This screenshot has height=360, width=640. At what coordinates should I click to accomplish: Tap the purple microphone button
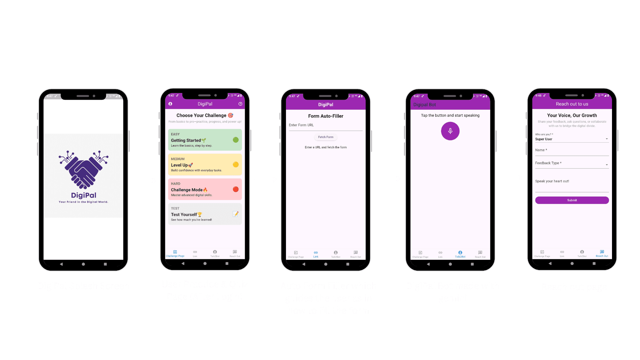450,131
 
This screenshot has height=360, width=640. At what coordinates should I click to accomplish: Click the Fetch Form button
325,137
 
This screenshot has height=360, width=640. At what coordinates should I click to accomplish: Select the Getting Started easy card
205,140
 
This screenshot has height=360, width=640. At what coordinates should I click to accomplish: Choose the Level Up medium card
205,165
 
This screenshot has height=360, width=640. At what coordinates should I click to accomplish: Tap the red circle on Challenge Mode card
236,189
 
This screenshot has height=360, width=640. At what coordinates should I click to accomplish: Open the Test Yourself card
205,214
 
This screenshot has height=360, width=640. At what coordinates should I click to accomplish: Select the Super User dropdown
572,139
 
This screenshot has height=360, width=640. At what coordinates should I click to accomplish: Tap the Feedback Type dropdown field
572,163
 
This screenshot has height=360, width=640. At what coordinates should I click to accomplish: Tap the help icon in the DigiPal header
240,104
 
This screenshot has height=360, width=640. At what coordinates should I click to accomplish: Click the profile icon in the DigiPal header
170,104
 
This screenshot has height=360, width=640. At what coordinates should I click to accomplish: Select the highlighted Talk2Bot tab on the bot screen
460,254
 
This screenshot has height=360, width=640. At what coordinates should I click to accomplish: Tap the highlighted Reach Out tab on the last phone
602,253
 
